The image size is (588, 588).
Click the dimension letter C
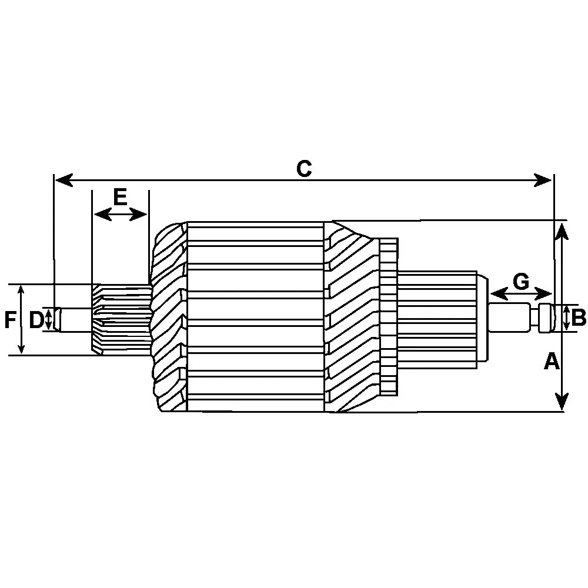[303, 169]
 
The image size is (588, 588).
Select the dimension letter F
[9, 320]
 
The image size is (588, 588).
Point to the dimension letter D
[36, 320]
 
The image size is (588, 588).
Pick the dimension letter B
[579, 318]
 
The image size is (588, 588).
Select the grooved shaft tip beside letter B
[546, 318]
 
